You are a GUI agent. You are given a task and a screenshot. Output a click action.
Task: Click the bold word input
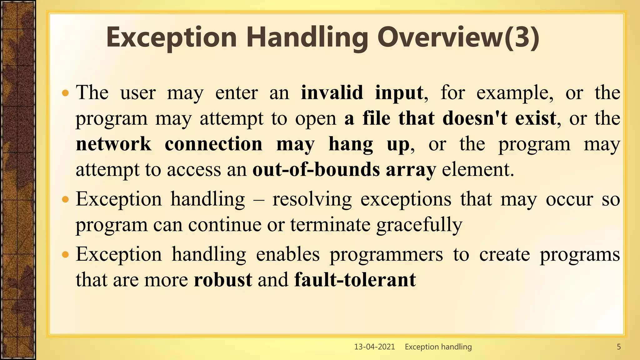(x=399, y=93)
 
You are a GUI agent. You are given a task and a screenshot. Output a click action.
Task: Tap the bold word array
(x=411, y=170)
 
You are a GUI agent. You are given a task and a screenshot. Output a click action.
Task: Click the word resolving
(x=312, y=199)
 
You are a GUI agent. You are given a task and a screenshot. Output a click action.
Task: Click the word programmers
(x=386, y=255)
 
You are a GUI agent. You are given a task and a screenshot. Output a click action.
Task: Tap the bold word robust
(x=223, y=279)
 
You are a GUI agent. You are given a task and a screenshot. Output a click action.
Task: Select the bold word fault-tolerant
(x=355, y=279)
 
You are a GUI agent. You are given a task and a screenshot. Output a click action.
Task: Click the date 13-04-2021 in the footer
(x=374, y=347)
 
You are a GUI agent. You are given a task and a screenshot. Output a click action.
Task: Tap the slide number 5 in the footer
(x=618, y=347)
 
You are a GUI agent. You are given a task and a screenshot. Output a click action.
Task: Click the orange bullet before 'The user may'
(x=65, y=93)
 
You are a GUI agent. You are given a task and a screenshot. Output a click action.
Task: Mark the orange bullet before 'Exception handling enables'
(x=65, y=255)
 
